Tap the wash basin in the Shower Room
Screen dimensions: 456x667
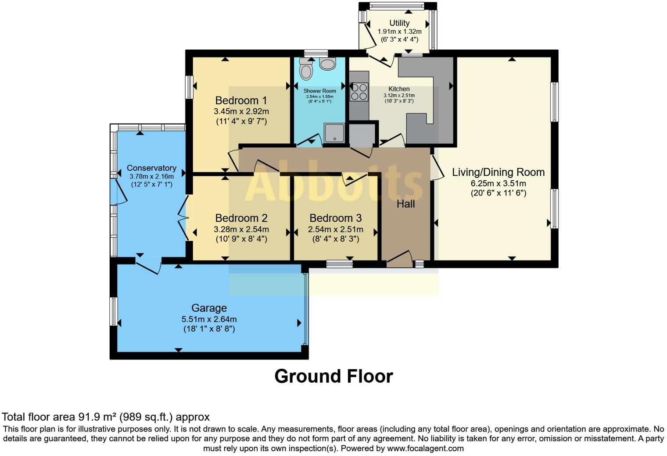pos(327,64)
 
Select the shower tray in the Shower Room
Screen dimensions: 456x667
pos(335,133)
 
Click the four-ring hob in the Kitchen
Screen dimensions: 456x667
pos(359,92)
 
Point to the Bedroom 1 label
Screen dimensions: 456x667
pos(241,100)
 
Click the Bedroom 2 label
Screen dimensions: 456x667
pos(241,218)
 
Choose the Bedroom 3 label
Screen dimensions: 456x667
pos(335,218)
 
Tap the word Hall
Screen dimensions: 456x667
pos(405,204)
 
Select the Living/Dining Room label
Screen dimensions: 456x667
pos(498,172)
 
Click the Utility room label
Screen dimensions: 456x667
pos(399,23)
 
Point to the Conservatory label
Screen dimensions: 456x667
pos(151,168)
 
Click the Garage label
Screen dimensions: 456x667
pos(209,308)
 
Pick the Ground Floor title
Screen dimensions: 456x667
pos(333,376)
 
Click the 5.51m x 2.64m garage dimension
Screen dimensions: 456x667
pos(209,319)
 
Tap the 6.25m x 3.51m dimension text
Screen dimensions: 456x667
pos(498,183)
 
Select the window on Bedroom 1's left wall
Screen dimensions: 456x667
pos(190,87)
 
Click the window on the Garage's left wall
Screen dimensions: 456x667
pos(114,311)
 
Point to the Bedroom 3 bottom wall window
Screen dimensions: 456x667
pos(340,264)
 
